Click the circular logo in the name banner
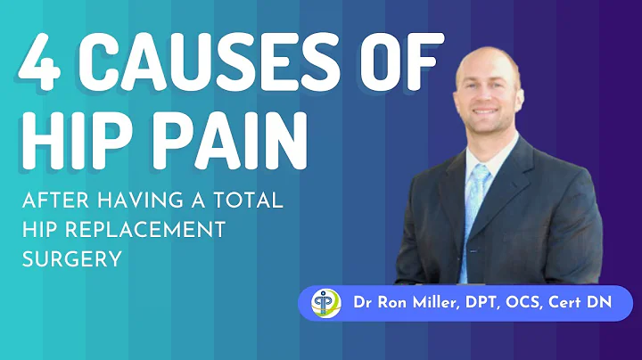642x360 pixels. coord(325,303)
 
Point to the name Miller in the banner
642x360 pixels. coord(427,304)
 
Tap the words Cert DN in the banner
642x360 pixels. coord(589,304)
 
